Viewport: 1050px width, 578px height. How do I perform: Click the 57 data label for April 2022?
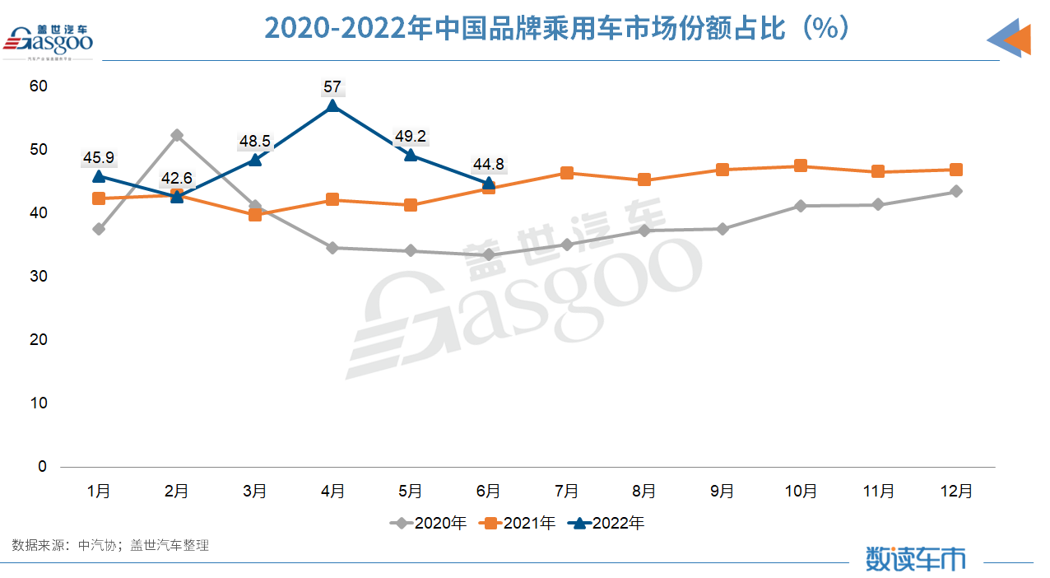tap(332, 86)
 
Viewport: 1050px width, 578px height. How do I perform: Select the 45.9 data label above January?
tap(99, 156)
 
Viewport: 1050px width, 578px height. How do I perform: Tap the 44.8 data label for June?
tap(489, 164)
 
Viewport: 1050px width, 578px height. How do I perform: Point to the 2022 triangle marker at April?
tap(332, 106)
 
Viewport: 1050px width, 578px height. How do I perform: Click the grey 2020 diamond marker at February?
tap(177, 135)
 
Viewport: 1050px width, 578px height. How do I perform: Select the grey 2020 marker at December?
tap(956, 192)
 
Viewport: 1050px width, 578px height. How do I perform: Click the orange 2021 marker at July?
tap(567, 173)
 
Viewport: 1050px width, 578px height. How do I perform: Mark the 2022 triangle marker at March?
tap(255, 159)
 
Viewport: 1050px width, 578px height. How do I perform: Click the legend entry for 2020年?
tap(429, 523)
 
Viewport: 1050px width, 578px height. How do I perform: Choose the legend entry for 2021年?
tap(518, 523)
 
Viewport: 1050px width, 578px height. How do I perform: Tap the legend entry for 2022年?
tap(607, 523)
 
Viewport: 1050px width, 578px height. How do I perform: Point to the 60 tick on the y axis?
tap(38, 86)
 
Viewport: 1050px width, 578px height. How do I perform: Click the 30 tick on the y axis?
tap(38, 276)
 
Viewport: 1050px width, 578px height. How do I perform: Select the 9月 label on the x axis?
tap(722, 492)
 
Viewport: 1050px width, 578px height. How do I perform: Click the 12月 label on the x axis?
tap(956, 492)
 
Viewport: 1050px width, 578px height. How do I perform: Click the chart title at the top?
tap(556, 29)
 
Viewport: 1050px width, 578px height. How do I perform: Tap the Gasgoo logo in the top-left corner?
tap(49, 41)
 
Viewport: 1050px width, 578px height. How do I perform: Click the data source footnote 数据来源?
tap(110, 545)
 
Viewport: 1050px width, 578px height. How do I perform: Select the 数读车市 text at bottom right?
tap(915, 559)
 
